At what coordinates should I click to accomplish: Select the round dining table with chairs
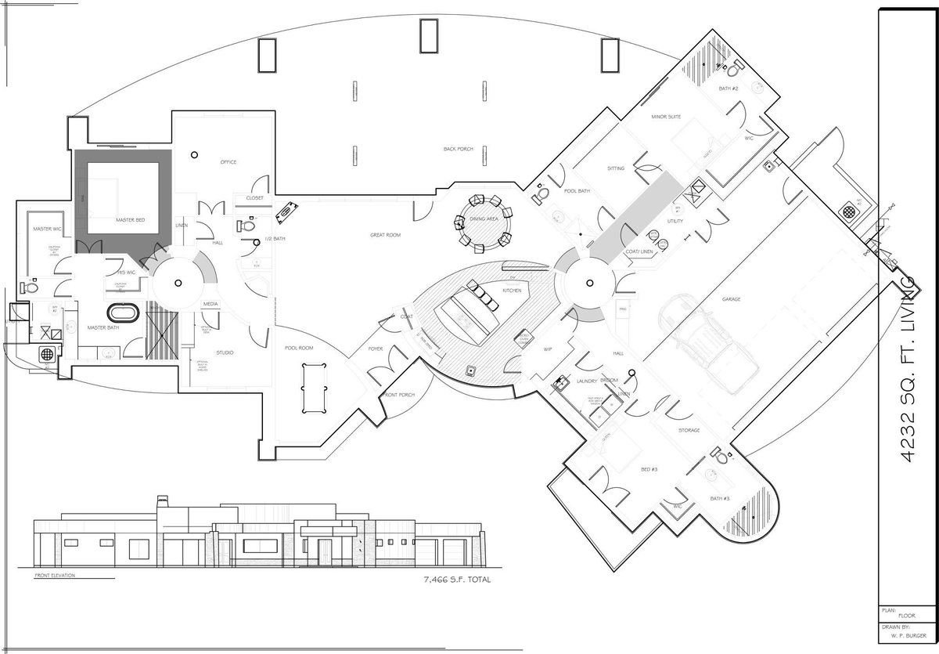(x=483, y=223)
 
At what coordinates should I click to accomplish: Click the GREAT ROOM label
(x=385, y=235)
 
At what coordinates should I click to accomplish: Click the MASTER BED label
(x=128, y=221)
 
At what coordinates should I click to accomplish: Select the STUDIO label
(x=224, y=352)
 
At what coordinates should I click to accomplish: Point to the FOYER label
(x=376, y=349)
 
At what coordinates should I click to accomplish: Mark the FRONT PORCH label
(x=399, y=396)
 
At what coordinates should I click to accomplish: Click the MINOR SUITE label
(x=666, y=117)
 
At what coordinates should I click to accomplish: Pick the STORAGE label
(x=689, y=430)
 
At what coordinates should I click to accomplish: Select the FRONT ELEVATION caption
(x=55, y=576)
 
